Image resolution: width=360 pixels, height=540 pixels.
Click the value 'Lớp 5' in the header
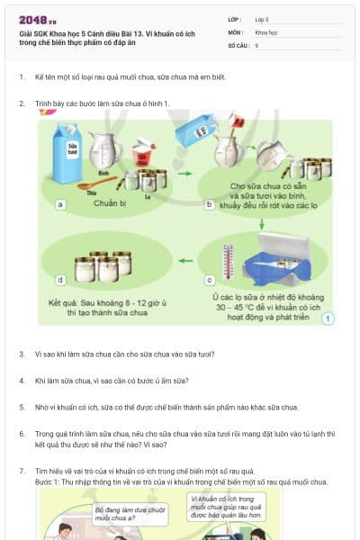tap(262, 19)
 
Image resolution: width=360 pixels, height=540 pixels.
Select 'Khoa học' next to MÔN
tap(265, 31)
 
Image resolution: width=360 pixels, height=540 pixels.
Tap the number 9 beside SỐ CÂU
tap(256, 44)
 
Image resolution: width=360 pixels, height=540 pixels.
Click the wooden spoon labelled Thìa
tap(97, 185)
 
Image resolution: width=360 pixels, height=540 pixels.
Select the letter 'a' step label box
tap(60, 205)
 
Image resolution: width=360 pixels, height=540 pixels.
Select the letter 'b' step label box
tap(210, 205)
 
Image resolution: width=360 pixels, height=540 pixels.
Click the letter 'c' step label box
tap(210, 280)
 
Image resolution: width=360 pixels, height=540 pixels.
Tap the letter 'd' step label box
tap(60, 280)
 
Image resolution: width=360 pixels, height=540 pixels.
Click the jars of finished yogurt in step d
tap(103, 265)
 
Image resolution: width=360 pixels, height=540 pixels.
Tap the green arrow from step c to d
tap(184, 262)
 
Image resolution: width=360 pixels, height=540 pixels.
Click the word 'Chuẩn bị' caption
tap(112, 203)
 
